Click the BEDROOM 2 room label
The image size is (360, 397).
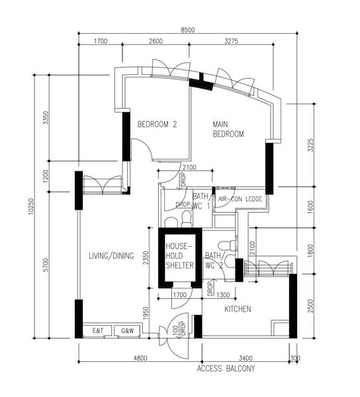(x=157, y=124)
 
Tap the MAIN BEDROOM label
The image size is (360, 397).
(x=228, y=129)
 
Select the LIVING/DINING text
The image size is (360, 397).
(x=111, y=255)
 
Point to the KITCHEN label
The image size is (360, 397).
(x=238, y=309)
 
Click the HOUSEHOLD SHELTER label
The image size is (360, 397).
(x=179, y=255)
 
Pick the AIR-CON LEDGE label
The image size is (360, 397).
(x=240, y=199)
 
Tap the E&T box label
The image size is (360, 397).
(x=98, y=330)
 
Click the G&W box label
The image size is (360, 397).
(x=127, y=331)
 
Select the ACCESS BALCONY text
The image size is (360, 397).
(x=226, y=369)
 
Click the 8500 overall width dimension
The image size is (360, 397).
(x=188, y=30)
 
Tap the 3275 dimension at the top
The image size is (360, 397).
(x=231, y=41)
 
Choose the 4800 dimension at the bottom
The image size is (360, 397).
(x=140, y=358)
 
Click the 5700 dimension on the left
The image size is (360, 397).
(x=46, y=265)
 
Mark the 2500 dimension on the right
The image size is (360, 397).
(x=311, y=306)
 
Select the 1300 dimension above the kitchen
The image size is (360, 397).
(x=223, y=295)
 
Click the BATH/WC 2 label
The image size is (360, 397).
(x=214, y=260)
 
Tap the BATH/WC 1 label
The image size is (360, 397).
(x=202, y=201)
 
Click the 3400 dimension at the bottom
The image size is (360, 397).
(x=246, y=358)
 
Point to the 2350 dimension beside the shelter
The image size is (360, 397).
(x=146, y=258)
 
